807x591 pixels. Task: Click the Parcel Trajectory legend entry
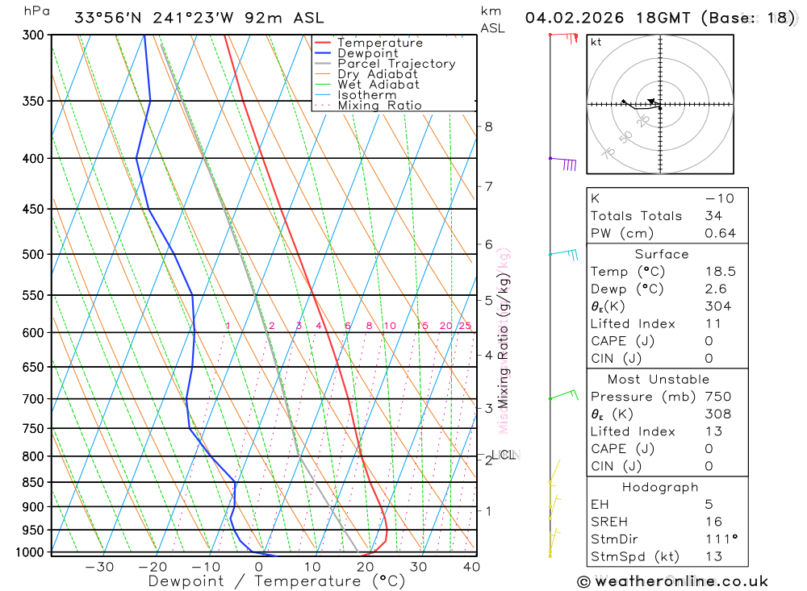coord(396,64)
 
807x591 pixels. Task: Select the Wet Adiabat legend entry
coord(378,85)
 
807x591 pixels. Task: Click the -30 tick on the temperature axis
coord(99,567)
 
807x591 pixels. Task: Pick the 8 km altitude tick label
coord(488,127)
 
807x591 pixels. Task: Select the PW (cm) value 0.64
coord(721,233)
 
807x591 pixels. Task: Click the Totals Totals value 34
coord(713,215)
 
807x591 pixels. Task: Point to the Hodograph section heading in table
coord(660,487)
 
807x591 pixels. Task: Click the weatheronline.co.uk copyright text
coord(673,581)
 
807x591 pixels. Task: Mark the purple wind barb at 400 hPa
coord(567,164)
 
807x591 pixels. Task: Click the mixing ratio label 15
coord(422,326)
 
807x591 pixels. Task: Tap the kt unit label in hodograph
coord(596,42)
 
